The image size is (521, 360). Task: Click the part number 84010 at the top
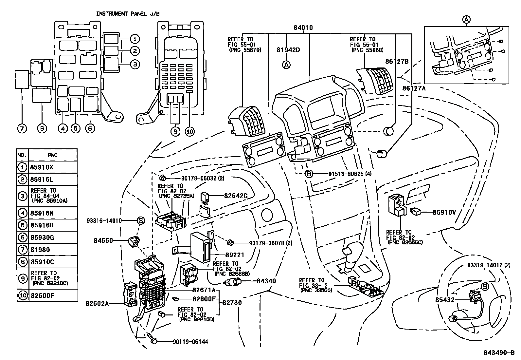click(303, 28)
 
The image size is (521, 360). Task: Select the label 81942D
click(288, 50)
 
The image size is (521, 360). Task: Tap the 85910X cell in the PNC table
click(42, 167)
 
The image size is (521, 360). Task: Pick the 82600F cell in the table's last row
click(42, 295)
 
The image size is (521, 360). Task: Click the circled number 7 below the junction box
click(22, 128)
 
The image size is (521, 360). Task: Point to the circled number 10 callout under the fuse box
click(190, 132)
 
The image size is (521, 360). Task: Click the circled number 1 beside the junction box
click(135, 39)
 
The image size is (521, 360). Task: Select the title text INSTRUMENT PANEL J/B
click(128, 14)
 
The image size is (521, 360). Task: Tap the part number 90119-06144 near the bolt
click(190, 342)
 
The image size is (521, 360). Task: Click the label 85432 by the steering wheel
click(445, 300)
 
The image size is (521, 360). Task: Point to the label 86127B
click(397, 62)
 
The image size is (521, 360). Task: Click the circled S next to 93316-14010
click(141, 220)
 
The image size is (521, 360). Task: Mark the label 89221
click(235, 255)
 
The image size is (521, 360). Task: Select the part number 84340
click(266, 281)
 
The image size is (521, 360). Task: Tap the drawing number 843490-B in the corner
click(499, 353)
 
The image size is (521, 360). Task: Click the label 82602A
click(97, 304)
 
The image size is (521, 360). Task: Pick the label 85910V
click(444, 212)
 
